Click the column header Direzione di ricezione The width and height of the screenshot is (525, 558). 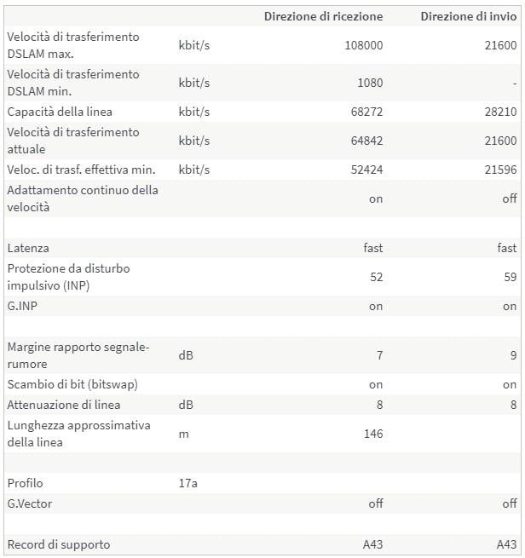(x=323, y=16)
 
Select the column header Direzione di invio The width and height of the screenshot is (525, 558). (x=468, y=16)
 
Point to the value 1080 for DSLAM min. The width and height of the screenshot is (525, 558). (x=369, y=83)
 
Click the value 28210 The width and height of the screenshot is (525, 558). (x=500, y=112)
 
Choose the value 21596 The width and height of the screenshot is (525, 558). (x=500, y=170)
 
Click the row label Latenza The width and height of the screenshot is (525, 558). (x=28, y=248)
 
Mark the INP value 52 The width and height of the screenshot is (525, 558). (x=376, y=277)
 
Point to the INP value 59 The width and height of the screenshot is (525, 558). (x=510, y=277)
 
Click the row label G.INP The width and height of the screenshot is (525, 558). (x=23, y=306)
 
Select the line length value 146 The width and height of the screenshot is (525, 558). (x=372, y=434)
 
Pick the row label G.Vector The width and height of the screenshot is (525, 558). (x=30, y=503)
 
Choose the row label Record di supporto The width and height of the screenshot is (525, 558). (x=58, y=544)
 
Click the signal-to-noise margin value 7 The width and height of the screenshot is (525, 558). (x=379, y=355)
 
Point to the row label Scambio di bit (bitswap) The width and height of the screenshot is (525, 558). (x=72, y=384)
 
